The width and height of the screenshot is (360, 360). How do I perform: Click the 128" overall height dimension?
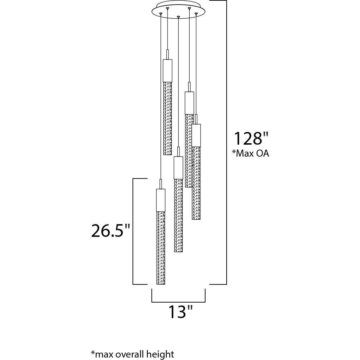click(x=251, y=139)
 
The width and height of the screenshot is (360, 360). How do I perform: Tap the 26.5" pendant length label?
click(x=110, y=231)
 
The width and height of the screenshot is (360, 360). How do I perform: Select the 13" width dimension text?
click(x=181, y=311)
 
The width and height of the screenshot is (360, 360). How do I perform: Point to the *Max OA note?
click(x=250, y=153)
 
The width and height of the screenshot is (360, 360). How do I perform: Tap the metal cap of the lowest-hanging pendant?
click(x=161, y=200)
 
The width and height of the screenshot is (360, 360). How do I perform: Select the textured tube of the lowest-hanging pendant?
click(x=161, y=248)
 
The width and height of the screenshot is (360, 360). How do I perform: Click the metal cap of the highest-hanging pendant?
click(x=168, y=71)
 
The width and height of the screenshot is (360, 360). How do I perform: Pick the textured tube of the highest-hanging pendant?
click(x=168, y=119)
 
